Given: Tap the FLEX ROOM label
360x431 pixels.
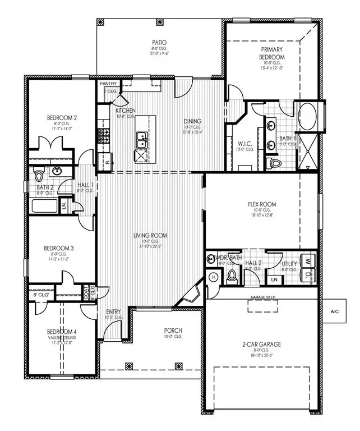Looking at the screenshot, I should [262, 204].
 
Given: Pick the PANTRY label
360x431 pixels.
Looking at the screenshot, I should [108, 84].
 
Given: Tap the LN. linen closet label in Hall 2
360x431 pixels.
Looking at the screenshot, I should [275, 279].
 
